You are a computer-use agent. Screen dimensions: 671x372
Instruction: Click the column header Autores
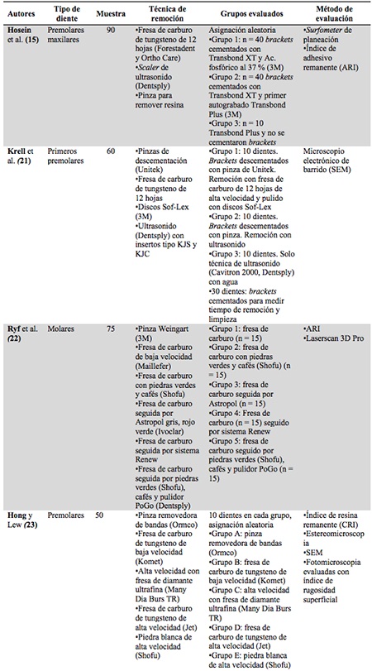click(23, 14)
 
